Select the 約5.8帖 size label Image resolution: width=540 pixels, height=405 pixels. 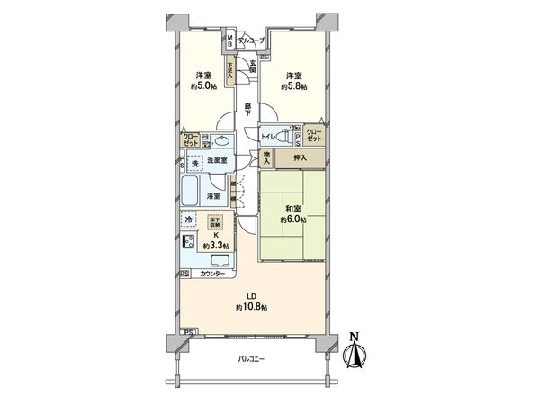(x=294, y=87)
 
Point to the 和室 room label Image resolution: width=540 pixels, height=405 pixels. (x=293, y=208)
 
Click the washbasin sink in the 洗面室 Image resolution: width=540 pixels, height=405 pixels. (x=220, y=140)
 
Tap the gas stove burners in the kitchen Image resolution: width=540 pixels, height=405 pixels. (x=189, y=243)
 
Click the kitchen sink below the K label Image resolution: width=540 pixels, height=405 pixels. (x=220, y=259)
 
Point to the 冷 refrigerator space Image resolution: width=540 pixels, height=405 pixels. (x=189, y=220)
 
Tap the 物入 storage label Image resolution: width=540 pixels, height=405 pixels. (x=267, y=158)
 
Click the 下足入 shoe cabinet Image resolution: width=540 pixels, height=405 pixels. (x=230, y=70)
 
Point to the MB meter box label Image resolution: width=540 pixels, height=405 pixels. (x=230, y=41)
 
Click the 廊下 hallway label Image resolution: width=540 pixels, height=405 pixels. (x=248, y=111)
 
